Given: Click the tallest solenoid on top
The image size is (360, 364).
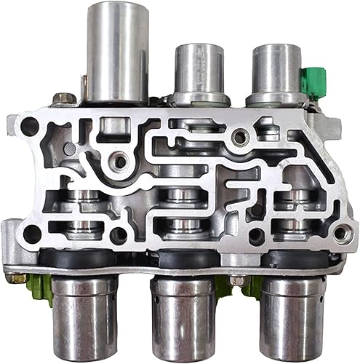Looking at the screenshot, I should click(x=117, y=51).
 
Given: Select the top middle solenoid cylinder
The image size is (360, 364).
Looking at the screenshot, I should click(x=199, y=70).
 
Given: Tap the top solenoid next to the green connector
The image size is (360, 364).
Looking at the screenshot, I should click(x=273, y=70).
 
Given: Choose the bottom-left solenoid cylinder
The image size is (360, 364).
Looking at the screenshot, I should click(x=84, y=317).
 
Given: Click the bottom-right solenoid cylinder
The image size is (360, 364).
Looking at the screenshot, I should click(x=292, y=317).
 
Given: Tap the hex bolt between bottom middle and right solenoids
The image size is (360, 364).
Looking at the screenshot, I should click(x=236, y=280).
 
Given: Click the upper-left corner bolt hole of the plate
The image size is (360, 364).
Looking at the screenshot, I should click(x=30, y=126).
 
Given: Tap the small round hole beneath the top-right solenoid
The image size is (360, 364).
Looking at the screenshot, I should click(x=238, y=135).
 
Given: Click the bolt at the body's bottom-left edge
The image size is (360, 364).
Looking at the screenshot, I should click(x=16, y=277).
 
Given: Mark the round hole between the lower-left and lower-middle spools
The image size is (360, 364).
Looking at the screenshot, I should click(x=117, y=234).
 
